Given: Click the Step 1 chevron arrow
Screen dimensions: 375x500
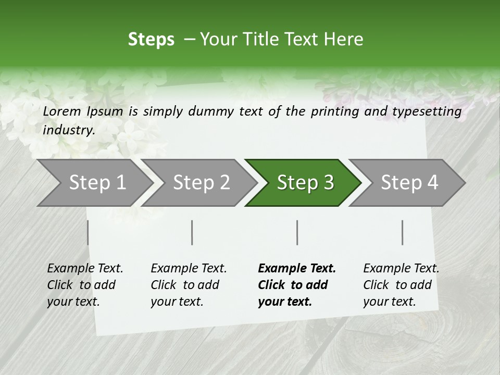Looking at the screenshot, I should (97, 183).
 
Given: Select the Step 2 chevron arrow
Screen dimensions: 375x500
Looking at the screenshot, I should (201, 183).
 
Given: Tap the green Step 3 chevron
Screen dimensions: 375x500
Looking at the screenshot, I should (305, 183).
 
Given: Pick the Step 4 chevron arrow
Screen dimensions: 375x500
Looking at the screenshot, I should (409, 183).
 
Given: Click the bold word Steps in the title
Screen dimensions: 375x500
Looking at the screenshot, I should (151, 40).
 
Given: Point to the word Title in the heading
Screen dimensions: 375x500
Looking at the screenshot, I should (257, 40).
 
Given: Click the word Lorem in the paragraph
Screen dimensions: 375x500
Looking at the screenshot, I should (61, 111).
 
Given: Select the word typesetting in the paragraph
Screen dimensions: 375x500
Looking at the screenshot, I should (427, 111).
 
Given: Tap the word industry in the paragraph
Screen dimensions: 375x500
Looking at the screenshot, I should (69, 130).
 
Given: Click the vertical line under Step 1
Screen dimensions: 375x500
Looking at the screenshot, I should (87, 232).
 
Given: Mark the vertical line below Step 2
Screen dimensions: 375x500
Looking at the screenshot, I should (192, 232).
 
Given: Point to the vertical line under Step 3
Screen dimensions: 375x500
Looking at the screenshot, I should (297, 232).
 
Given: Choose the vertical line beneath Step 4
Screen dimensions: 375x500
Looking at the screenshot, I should (403, 232).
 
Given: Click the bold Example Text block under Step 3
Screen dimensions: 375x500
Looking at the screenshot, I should (296, 285).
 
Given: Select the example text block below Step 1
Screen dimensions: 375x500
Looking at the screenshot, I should (84, 285).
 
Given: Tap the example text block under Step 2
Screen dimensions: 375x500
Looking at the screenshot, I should (188, 285).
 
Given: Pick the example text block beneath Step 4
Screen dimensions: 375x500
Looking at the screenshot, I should (401, 285).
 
